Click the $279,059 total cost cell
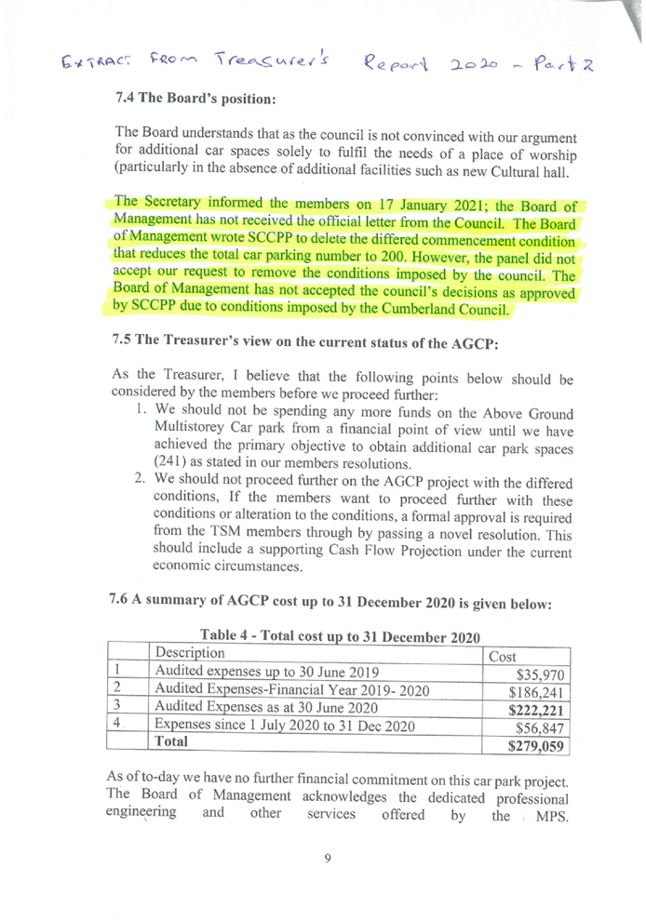point(538,746)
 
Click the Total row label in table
point(171,742)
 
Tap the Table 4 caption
point(340,637)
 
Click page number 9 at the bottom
point(326,858)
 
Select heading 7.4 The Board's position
point(195,98)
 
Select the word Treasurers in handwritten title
point(271,61)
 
